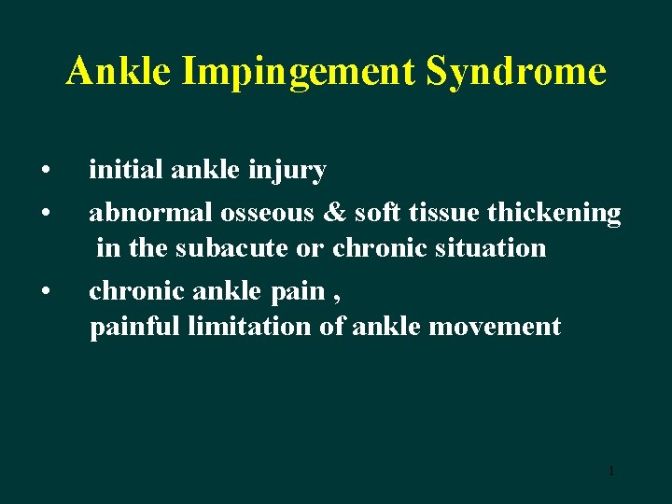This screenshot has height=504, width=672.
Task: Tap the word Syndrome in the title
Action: coord(515,71)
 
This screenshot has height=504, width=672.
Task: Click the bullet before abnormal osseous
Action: coord(45,213)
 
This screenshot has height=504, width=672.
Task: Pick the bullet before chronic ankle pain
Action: coord(45,292)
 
